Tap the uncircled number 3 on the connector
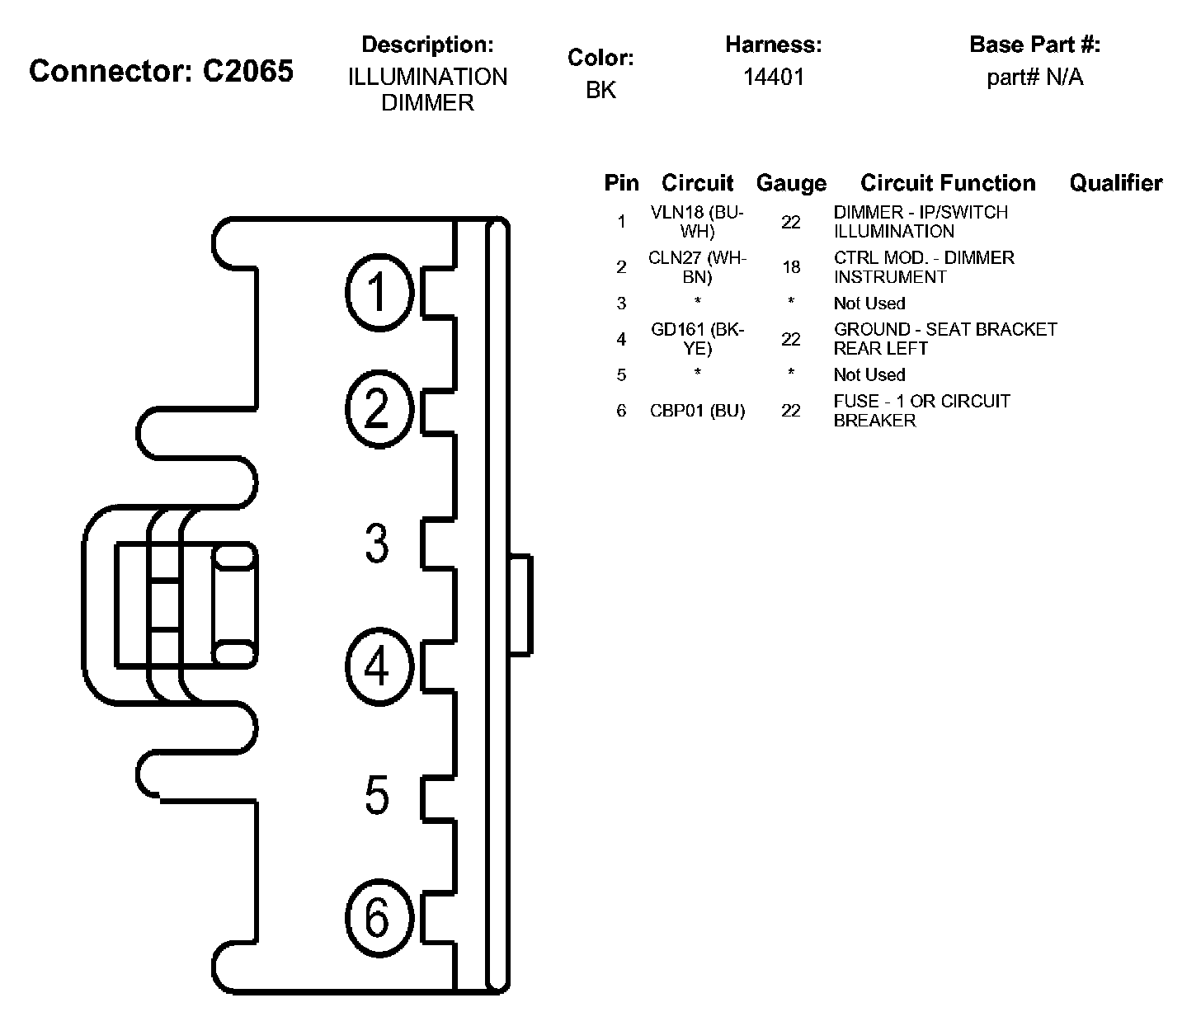pyautogui.click(x=377, y=544)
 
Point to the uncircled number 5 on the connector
pyautogui.click(x=377, y=795)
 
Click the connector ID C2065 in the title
pyautogui.click(x=247, y=72)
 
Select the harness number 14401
pyautogui.click(x=773, y=78)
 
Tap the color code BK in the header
pyautogui.click(x=600, y=90)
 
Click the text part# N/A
pyautogui.click(x=1034, y=78)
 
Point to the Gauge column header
pyautogui.click(x=790, y=183)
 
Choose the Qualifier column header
pyautogui.click(x=1115, y=183)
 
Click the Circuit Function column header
pyautogui.click(x=948, y=183)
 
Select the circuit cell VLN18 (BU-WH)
pyautogui.click(x=697, y=222)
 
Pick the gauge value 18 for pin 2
pyautogui.click(x=790, y=267)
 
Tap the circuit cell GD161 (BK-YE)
pyautogui.click(x=697, y=339)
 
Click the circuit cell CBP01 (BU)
pyautogui.click(x=697, y=411)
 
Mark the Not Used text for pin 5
pyautogui.click(x=869, y=375)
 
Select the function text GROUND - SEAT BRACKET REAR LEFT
pyautogui.click(x=945, y=339)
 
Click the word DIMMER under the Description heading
pyautogui.click(x=427, y=103)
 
